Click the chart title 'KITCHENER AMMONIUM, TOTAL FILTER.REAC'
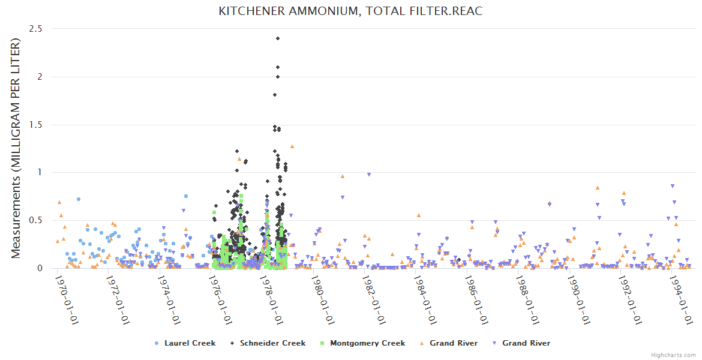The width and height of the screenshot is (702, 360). coord(350,11)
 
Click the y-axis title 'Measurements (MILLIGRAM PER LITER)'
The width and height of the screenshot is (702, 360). coord(16,148)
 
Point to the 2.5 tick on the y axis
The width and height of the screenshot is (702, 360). coord(37,29)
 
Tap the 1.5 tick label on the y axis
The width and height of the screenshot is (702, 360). coord(37,125)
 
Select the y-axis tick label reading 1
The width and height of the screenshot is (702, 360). coord(40,173)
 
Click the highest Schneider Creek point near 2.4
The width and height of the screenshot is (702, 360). coord(278,38)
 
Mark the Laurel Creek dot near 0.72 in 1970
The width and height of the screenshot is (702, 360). coord(79,199)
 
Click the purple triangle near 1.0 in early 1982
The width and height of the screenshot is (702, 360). coord(369,175)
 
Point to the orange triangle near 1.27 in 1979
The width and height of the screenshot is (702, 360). coord(292,146)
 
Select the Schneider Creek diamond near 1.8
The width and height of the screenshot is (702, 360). coord(275,95)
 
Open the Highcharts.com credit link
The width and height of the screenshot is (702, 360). coord(673,355)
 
